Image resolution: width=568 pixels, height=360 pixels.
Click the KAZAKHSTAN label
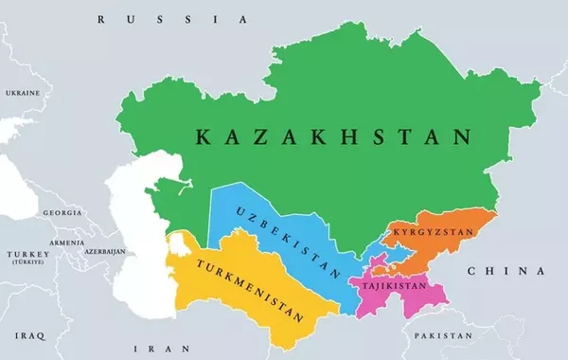(x=332, y=137)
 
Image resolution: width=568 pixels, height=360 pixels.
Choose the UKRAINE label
(x=23, y=93)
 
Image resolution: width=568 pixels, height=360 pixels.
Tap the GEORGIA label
(x=62, y=213)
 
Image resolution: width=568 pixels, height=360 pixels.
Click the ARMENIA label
(x=67, y=242)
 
